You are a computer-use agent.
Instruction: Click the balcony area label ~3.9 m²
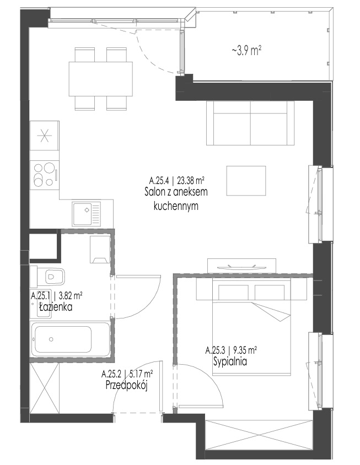coord(246,51)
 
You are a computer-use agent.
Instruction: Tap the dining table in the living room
coord(100,79)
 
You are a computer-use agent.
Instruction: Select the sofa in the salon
coord(250,123)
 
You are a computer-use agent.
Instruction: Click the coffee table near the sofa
coord(246,181)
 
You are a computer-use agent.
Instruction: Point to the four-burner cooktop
coord(45,175)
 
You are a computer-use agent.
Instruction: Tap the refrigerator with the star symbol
coord(45,136)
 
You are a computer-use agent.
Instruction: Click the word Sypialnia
coord(230,361)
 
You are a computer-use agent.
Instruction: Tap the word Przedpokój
coord(127,385)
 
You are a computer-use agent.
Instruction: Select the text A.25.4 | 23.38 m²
coord(177,180)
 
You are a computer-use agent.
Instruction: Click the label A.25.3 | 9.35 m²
coord(231,350)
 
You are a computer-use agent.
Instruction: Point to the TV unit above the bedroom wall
coord(242,266)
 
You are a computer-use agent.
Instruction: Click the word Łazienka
coord(56,307)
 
